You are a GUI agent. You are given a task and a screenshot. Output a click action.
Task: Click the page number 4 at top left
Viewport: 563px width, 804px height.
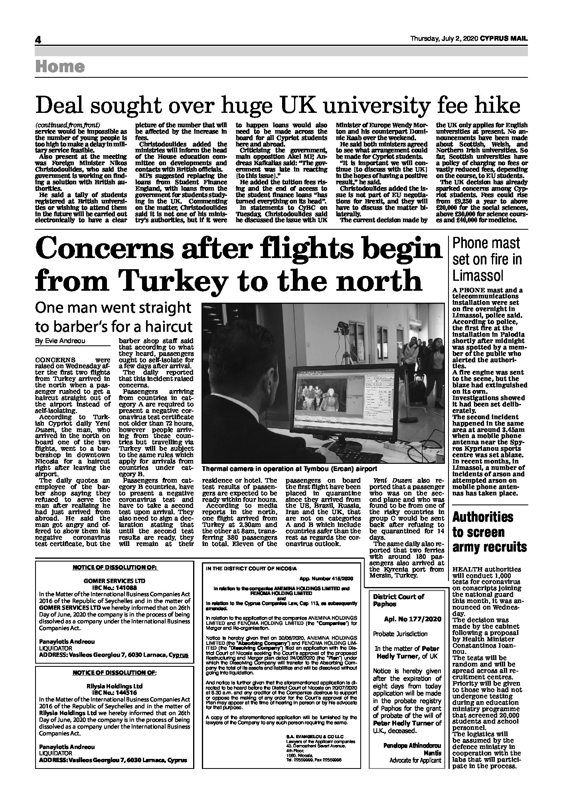(38, 40)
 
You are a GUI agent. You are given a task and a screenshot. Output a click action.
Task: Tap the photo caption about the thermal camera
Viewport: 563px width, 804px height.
(289, 469)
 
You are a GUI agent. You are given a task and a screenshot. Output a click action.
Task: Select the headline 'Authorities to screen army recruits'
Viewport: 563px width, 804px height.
(490, 532)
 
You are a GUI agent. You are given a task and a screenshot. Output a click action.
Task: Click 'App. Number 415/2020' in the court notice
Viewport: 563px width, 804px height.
(326, 579)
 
